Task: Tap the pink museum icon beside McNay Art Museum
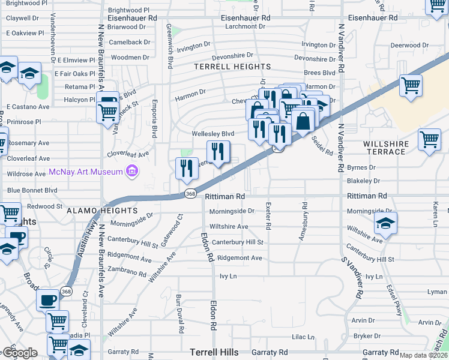pos(133,172)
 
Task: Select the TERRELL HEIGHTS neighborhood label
pos(232,67)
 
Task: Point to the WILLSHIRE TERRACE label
pos(385,148)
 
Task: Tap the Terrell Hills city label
pos(214,352)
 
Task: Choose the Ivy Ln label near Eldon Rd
pos(229,276)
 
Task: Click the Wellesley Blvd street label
pos(212,133)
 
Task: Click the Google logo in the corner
pos(20,353)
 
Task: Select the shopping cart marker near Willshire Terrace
pos(429,140)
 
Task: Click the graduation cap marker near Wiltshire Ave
pos(385,224)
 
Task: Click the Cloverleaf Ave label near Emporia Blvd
pos(127,154)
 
